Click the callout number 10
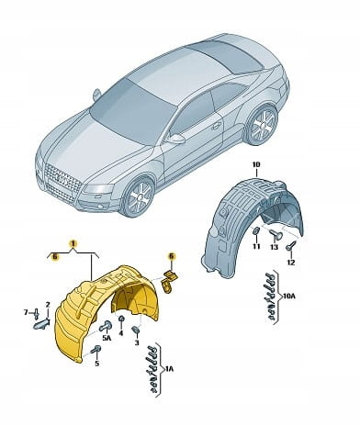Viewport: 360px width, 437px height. [x=256, y=164]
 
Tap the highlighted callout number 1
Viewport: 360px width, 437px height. [x=73, y=243]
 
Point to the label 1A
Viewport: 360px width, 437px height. [x=169, y=369]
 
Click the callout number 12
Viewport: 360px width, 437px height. [x=291, y=263]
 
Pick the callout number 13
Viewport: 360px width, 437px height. [x=275, y=247]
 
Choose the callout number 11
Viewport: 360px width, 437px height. [x=256, y=246]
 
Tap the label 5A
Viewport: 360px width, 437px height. [x=107, y=338]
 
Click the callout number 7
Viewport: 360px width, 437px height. [x=26, y=312]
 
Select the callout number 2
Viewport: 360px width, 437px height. [x=48, y=304]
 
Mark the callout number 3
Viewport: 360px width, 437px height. [x=137, y=342]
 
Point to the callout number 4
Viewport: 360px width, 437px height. [x=121, y=333]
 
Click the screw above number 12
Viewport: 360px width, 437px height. [x=291, y=246]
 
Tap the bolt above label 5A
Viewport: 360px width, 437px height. [x=105, y=327]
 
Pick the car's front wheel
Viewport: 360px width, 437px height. [x=137, y=196]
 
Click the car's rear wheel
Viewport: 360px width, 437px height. [x=262, y=125]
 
